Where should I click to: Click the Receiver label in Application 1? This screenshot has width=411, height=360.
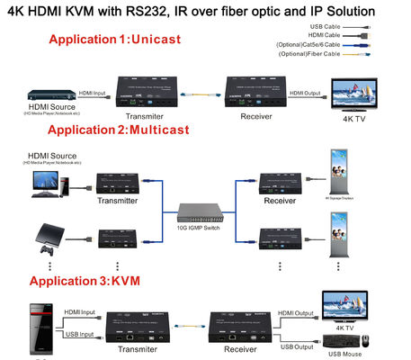256,116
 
